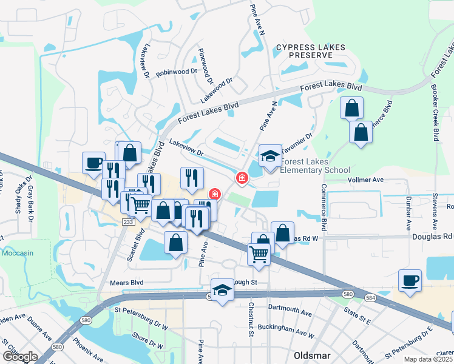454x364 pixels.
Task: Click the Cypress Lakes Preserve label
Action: (310, 51)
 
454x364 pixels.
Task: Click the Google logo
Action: (20, 357)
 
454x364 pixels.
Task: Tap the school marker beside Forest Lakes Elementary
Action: (271, 157)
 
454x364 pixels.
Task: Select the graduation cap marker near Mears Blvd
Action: (223, 289)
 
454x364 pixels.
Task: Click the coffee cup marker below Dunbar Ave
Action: (409, 281)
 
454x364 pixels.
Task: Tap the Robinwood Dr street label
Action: (177, 72)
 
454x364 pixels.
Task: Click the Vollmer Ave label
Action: (366, 180)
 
